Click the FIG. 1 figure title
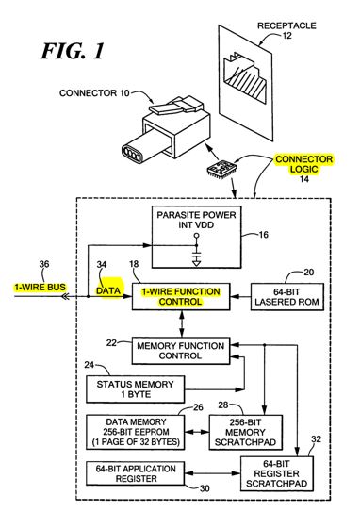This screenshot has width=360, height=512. [x=73, y=51]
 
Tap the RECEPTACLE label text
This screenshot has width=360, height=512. [x=286, y=25]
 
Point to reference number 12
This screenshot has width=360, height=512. [x=286, y=35]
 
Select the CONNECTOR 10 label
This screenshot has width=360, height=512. [x=94, y=93]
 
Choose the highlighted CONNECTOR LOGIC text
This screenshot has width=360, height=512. [x=303, y=164]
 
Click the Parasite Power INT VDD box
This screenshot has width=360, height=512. [x=196, y=237]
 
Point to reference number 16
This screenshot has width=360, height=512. [x=263, y=235]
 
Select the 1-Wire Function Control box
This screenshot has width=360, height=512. [x=181, y=296]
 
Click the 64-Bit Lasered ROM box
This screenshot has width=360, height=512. [x=286, y=296]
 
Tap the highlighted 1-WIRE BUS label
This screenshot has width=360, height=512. [x=41, y=288]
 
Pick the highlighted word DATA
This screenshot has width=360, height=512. [x=108, y=290]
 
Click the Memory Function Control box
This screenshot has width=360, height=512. [x=181, y=351]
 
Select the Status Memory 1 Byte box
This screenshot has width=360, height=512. [x=135, y=389]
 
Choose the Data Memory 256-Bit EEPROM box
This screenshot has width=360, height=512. [x=135, y=432]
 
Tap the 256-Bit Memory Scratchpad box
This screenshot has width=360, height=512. [x=245, y=433]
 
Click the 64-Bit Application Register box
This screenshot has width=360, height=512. [x=135, y=473]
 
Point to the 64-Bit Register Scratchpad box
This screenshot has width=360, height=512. [x=277, y=473]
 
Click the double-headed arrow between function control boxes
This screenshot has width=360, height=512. [x=182, y=324]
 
